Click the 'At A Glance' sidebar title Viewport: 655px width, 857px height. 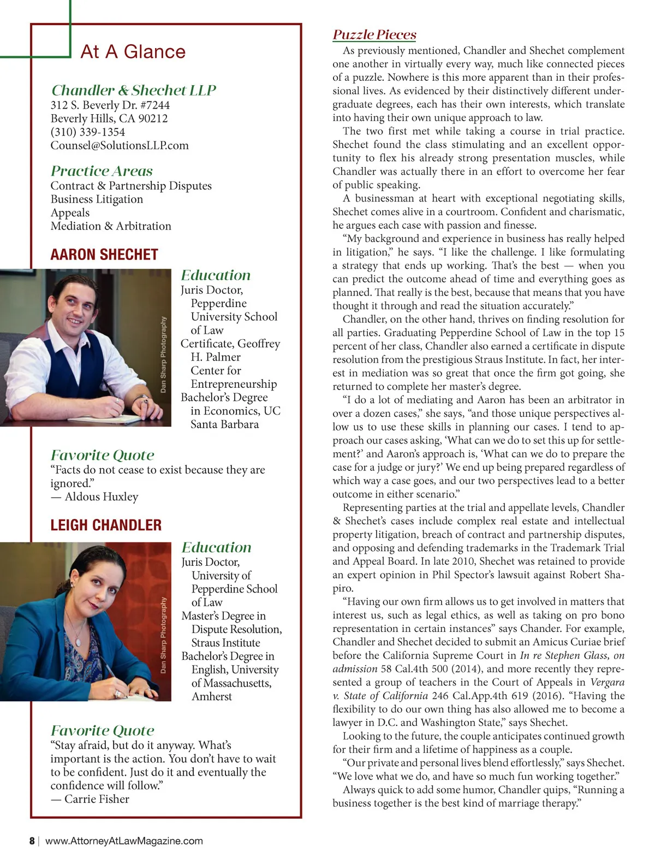click(x=133, y=52)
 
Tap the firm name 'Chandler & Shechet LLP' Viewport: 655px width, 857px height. click(x=134, y=90)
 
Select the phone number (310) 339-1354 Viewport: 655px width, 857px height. click(x=88, y=132)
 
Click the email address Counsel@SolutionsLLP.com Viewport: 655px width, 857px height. click(x=120, y=146)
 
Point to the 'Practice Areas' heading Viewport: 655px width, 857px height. click(x=102, y=171)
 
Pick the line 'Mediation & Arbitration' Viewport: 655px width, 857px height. click(x=111, y=226)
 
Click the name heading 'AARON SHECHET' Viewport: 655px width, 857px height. click(x=104, y=255)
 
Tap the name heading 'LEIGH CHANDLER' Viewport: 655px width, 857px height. click(x=106, y=525)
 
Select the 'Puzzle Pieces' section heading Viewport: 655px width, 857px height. click(x=374, y=35)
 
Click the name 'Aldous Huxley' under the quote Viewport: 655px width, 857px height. click(x=102, y=497)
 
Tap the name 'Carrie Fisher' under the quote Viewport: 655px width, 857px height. click(x=97, y=799)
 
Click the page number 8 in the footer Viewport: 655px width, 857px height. click(x=32, y=841)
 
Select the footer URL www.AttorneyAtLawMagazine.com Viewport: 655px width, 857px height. click(x=124, y=841)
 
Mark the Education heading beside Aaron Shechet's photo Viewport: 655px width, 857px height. click(x=216, y=275)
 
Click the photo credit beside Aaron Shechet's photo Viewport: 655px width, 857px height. click(x=163, y=354)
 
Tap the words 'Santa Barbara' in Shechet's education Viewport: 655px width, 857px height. click(x=224, y=424)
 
